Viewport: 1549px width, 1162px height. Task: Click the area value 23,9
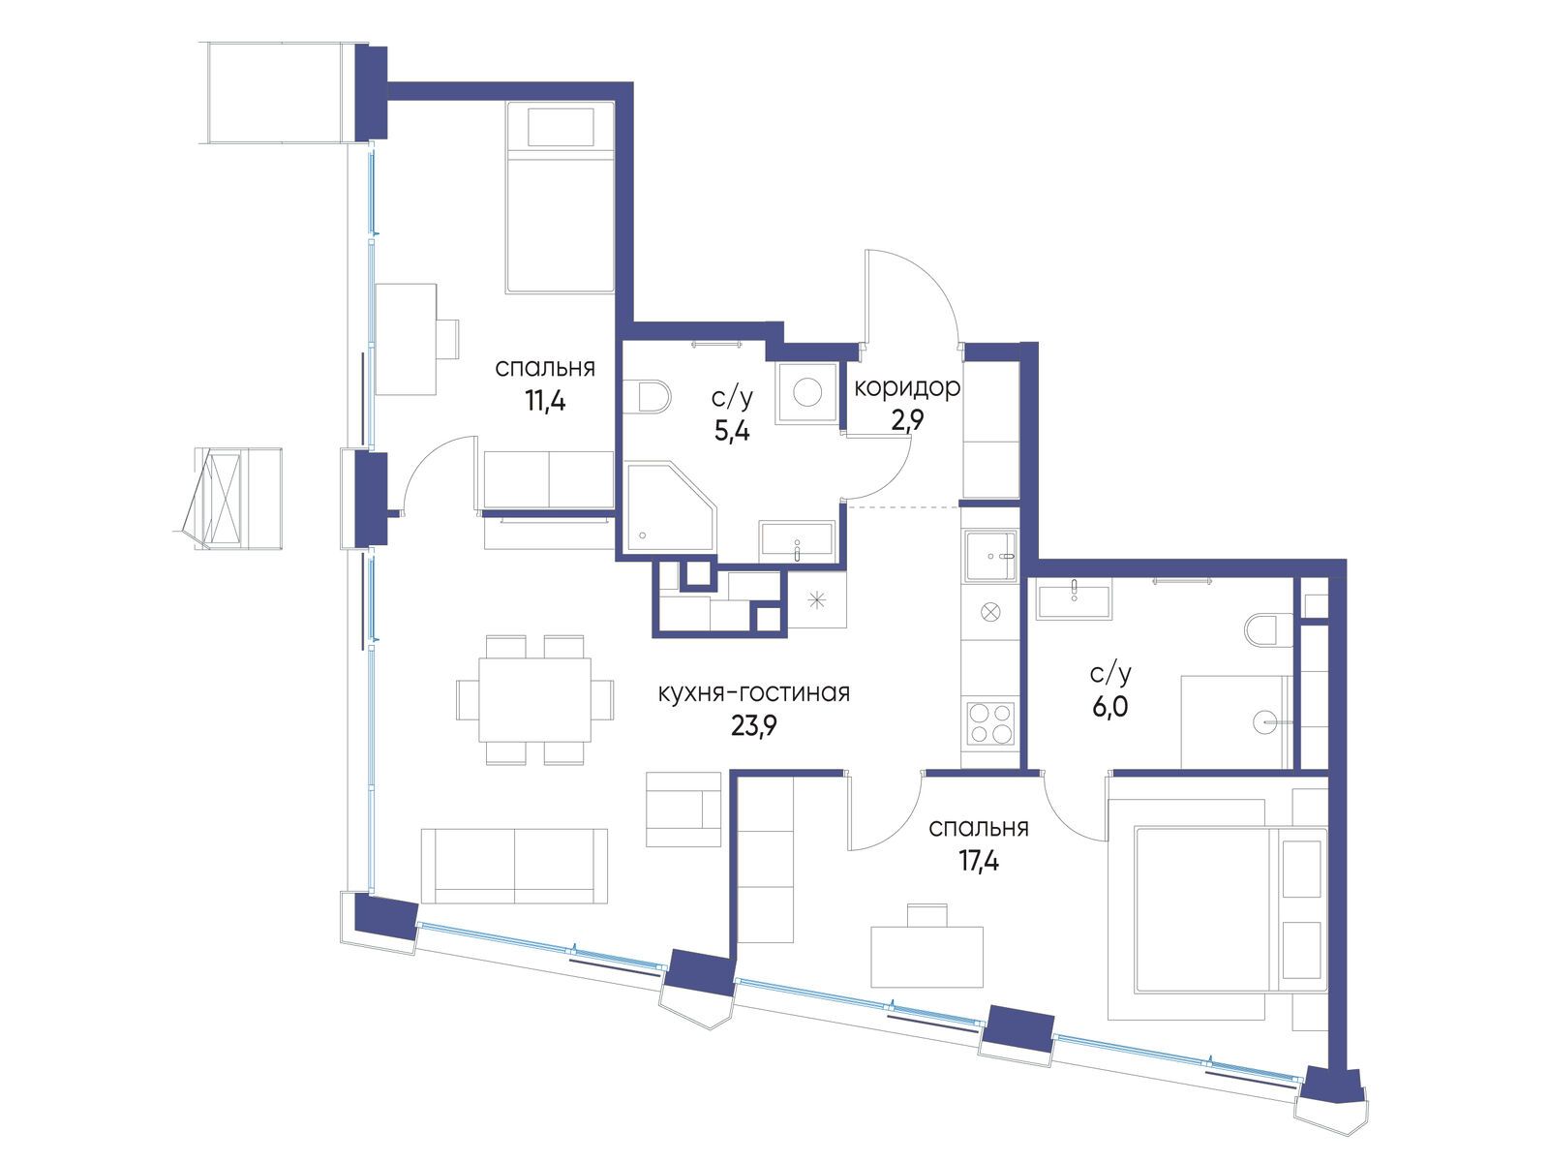point(753,725)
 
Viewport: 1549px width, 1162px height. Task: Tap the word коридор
point(906,387)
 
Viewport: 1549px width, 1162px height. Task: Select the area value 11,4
point(545,401)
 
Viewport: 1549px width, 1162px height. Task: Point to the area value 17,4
point(979,861)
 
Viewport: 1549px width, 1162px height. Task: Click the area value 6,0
point(1110,706)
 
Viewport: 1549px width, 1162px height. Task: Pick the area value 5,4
point(732,430)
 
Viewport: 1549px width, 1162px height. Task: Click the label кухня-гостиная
point(753,692)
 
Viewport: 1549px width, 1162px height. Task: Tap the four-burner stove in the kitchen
point(990,722)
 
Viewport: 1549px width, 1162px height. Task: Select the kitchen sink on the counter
point(990,556)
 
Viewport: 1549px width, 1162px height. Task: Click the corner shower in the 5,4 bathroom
point(670,505)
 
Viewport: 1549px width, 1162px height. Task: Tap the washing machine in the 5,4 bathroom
point(806,393)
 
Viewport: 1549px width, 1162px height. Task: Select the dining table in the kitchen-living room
point(535,699)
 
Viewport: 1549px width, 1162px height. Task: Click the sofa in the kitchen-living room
point(514,866)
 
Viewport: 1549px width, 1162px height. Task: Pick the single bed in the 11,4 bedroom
point(560,197)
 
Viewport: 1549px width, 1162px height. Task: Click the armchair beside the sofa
point(683,809)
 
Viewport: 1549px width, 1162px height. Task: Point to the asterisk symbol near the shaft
point(816,601)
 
